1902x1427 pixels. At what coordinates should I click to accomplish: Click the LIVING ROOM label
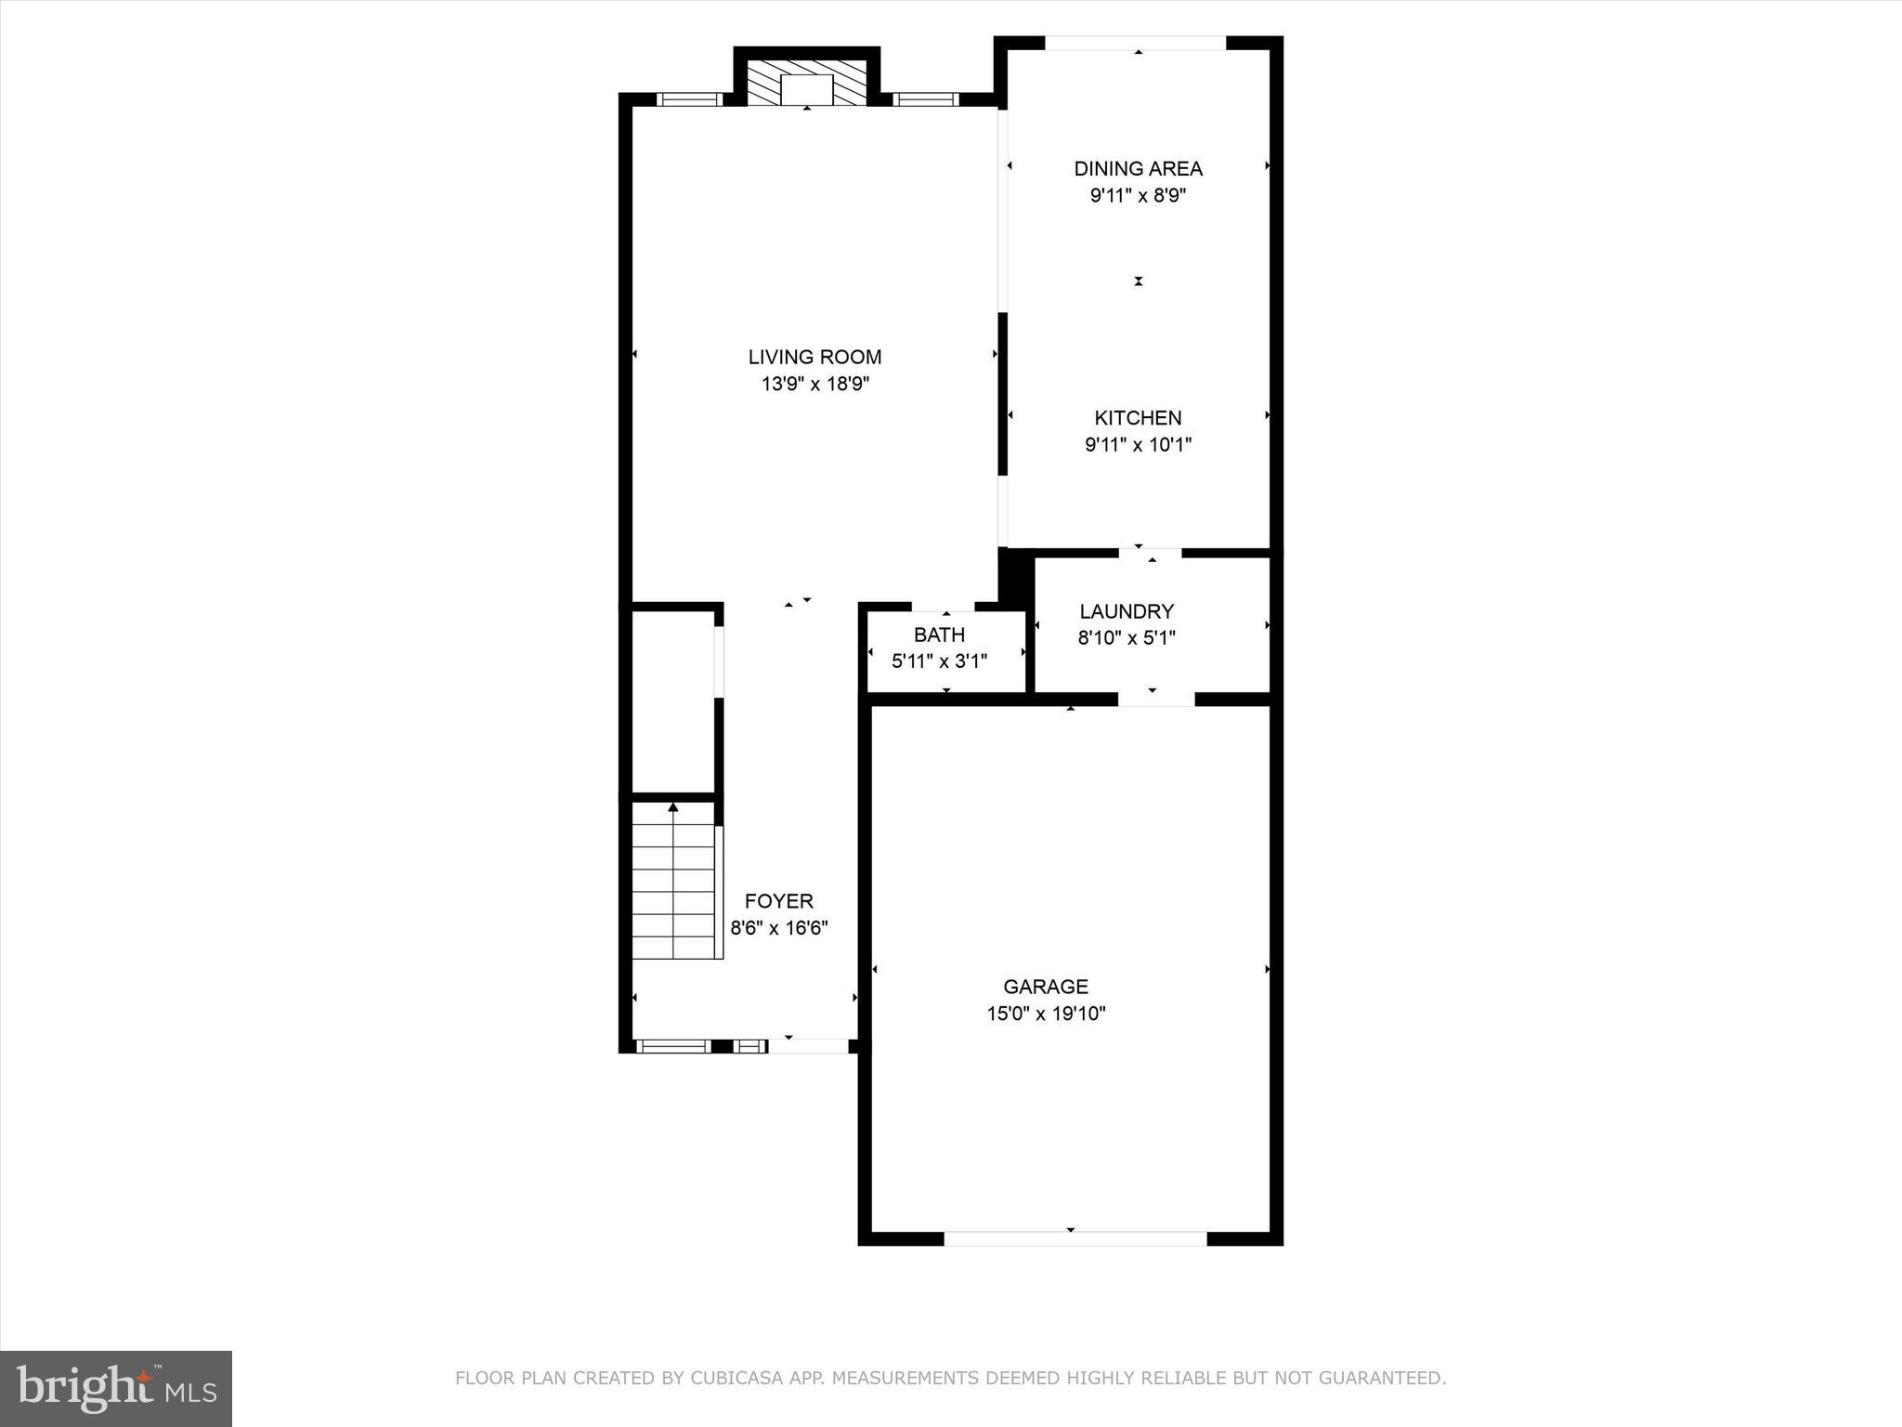(814, 357)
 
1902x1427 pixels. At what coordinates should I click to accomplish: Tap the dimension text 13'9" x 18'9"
(814, 384)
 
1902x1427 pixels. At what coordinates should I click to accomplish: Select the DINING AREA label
(1138, 168)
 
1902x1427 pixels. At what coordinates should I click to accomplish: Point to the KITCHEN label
(1138, 418)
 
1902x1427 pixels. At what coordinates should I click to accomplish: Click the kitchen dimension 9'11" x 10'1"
(1138, 445)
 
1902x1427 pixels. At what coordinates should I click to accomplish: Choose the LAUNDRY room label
(1127, 611)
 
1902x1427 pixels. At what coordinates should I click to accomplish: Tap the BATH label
(939, 635)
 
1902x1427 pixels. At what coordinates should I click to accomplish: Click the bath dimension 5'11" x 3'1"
(939, 661)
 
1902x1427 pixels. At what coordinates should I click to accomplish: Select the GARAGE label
(1045, 987)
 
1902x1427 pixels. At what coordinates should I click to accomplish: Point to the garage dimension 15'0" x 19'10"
(1045, 1014)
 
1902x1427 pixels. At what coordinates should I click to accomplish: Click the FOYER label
(778, 901)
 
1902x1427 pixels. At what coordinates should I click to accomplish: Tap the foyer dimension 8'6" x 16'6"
(778, 928)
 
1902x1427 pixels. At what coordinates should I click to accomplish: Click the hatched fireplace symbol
(806, 84)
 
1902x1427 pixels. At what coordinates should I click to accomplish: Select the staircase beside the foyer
(673, 883)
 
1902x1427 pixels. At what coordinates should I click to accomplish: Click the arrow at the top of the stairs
(673, 807)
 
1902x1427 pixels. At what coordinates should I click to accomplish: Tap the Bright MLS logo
(116, 1388)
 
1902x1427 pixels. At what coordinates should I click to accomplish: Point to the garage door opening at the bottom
(1075, 1238)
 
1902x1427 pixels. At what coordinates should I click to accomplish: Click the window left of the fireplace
(689, 99)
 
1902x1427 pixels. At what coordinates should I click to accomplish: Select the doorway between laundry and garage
(1155, 699)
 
